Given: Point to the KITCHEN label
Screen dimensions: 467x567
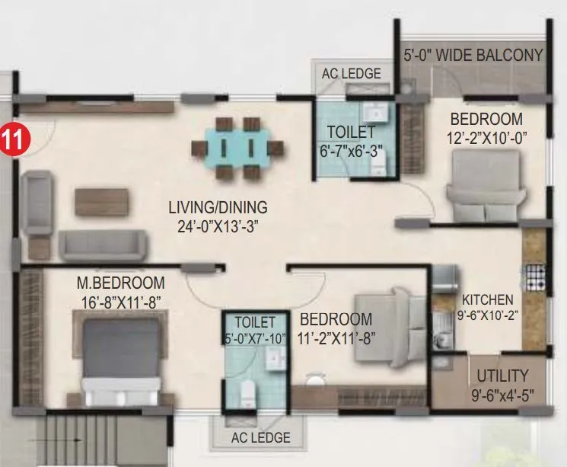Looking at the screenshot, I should click(487, 300).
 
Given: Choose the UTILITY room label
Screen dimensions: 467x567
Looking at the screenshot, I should click(502, 376).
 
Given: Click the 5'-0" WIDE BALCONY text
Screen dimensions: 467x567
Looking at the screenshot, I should click(473, 56).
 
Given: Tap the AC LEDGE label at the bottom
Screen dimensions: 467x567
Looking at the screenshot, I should click(261, 437).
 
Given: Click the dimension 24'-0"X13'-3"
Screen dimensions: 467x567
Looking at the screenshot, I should click(218, 226).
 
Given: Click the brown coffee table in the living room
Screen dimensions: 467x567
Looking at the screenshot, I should click(101, 203).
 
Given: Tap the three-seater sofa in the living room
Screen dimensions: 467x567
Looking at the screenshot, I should click(102, 245).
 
